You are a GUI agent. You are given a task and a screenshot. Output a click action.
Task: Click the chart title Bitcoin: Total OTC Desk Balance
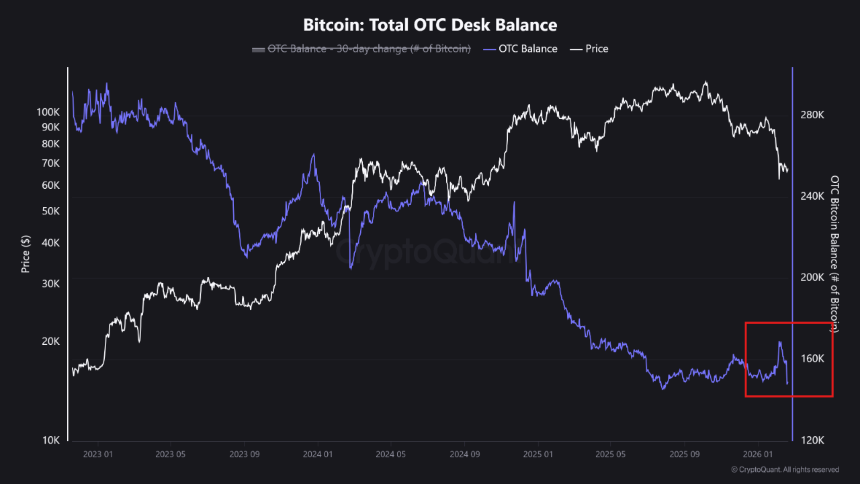[430, 26]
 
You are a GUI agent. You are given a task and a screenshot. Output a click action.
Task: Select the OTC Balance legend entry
[520, 48]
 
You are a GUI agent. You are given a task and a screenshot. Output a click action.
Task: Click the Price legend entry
[589, 48]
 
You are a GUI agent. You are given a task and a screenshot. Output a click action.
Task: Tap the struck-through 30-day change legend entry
[361, 48]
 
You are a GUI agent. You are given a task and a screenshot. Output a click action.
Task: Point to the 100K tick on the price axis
[48, 112]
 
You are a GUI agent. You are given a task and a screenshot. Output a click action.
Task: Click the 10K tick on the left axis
[51, 440]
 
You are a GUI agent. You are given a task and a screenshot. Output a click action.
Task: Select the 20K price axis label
[51, 341]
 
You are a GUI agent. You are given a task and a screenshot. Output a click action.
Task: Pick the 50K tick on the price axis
[51, 211]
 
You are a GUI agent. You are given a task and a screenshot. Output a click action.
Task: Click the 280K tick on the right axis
[812, 116]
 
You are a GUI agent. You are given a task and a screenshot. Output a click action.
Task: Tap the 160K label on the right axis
[812, 359]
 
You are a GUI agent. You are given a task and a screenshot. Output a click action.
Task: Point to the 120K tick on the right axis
[812, 440]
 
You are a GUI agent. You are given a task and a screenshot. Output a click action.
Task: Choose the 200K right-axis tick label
[812, 278]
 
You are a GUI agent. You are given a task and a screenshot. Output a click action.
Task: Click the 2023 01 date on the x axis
[97, 454]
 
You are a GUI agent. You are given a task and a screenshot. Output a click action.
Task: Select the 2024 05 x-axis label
[391, 454]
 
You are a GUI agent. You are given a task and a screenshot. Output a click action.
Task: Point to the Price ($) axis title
[26, 253]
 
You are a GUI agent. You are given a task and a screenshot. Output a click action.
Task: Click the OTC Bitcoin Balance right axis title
[835, 254]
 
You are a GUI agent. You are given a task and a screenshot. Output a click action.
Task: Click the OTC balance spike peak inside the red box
[780, 342]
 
